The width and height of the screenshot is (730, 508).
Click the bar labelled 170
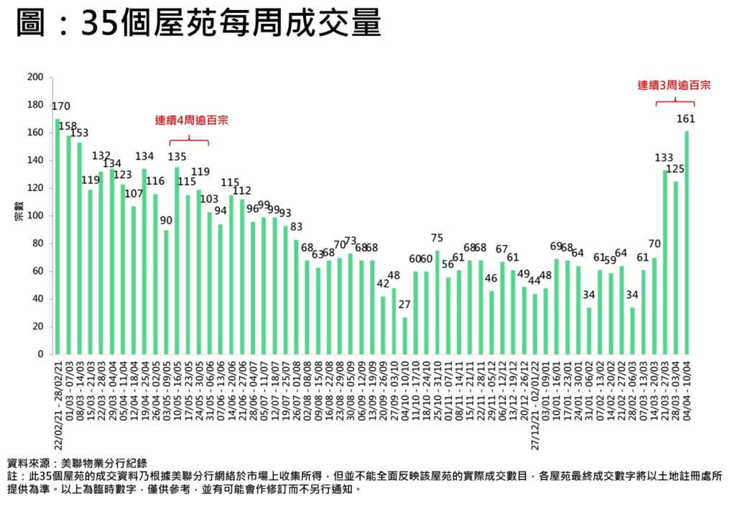click(x=57, y=236)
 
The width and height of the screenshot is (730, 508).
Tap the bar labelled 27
click(x=405, y=336)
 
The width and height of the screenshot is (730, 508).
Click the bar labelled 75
click(x=437, y=303)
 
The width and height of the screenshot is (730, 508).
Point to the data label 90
click(x=166, y=220)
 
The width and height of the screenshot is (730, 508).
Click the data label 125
click(x=676, y=169)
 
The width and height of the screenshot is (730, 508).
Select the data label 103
click(x=209, y=198)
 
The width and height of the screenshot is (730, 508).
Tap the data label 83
click(x=296, y=227)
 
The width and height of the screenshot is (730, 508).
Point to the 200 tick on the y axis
click(x=35, y=77)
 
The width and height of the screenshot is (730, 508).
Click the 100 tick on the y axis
click(x=35, y=216)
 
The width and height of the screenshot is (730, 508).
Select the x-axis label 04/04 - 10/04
click(x=687, y=389)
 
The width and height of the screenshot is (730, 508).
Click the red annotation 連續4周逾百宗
click(x=188, y=121)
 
